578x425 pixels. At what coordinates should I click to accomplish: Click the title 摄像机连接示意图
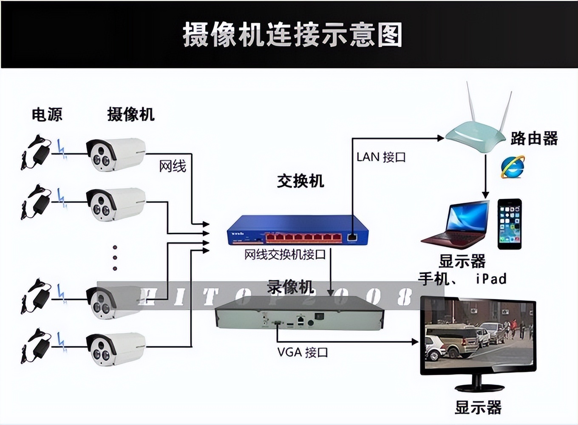coord(292,35)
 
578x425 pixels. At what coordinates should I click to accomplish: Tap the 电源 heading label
coord(47,114)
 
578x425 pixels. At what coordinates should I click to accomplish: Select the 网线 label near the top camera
coord(173,166)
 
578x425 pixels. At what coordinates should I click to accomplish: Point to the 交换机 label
coord(300,181)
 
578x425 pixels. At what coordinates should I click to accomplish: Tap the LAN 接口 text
coord(381,157)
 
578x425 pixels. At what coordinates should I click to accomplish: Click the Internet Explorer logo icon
coord(513,167)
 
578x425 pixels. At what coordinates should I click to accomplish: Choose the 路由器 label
coord(534,138)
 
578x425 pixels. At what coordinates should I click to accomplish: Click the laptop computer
coord(457,225)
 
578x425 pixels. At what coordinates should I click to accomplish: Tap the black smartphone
coord(509,224)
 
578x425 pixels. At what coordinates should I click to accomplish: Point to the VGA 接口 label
coord(302,352)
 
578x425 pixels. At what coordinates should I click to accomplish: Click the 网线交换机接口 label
coord(285,255)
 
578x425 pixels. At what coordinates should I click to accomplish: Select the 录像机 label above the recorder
coord(290,287)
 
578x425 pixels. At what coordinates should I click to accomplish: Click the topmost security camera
coord(116,154)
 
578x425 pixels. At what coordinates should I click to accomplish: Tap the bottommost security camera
coord(116,348)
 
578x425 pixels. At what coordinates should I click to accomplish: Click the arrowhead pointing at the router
coord(440,138)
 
